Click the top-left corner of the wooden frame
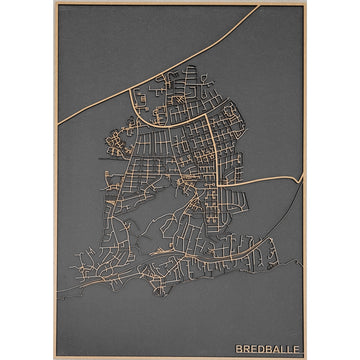point(54,3)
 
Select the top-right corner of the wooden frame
point(306,3)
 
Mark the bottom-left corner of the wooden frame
point(54,357)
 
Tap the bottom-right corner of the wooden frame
point(306,357)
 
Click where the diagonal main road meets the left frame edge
point(58,124)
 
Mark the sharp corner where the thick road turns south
point(208,116)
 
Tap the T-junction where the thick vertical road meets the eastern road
point(216,185)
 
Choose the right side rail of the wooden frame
point(304,250)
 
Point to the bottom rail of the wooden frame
point(180,355)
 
